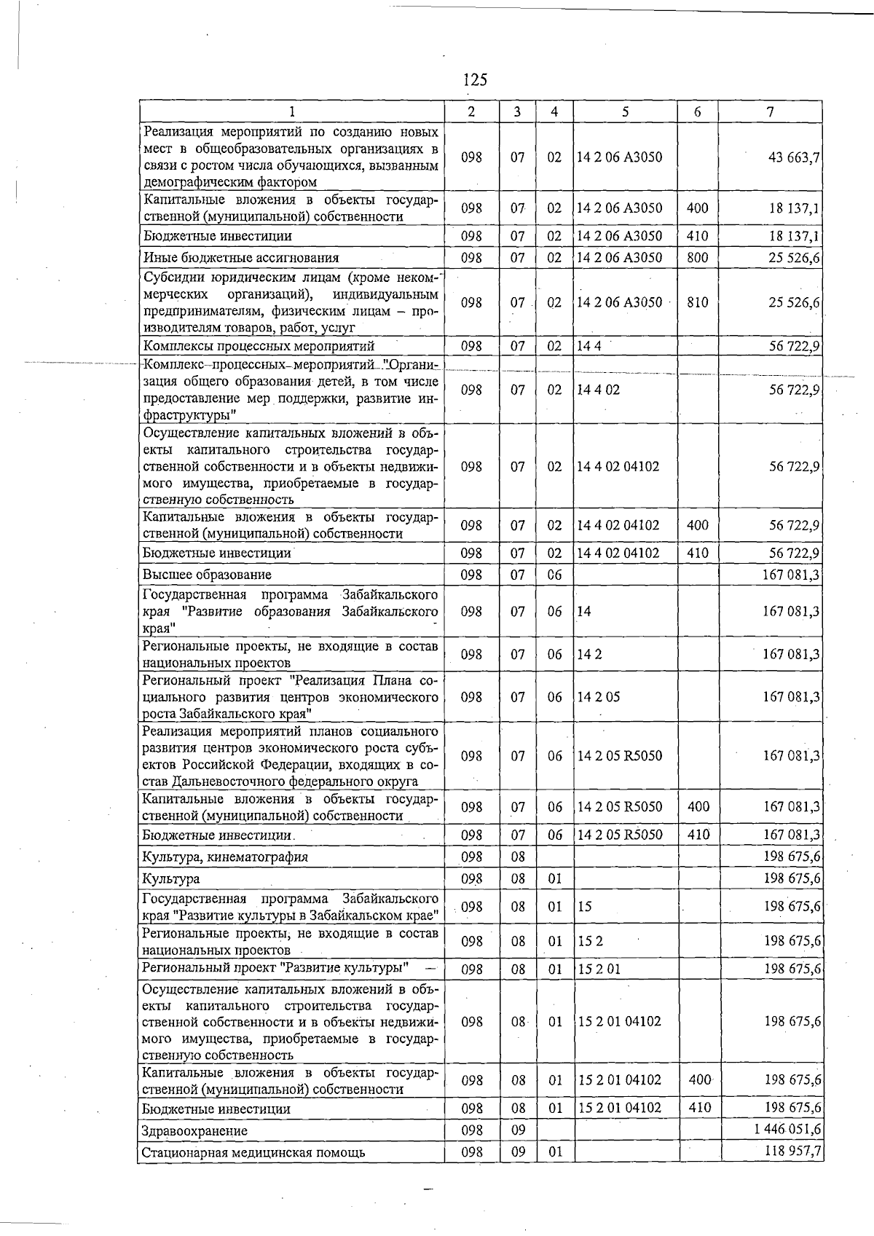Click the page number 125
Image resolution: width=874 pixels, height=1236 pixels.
(x=475, y=79)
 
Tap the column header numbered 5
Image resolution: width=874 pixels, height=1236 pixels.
(x=625, y=111)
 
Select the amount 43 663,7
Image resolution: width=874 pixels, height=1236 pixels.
(x=794, y=157)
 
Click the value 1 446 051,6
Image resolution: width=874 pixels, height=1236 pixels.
(x=788, y=1129)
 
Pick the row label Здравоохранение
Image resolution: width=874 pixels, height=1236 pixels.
(x=194, y=1131)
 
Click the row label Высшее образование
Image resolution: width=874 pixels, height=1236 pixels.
(x=207, y=575)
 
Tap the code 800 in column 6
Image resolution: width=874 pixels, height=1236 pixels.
(x=697, y=257)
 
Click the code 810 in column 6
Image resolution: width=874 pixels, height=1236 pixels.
(x=697, y=302)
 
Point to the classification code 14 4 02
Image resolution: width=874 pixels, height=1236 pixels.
(x=598, y=390)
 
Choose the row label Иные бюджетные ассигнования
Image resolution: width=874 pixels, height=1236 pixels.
(x=241, y=257)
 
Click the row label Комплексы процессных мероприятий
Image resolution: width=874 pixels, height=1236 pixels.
(x=259, y=346)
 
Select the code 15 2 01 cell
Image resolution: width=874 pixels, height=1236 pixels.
(x=599, y=969)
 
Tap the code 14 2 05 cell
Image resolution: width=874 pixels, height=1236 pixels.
(x=598, y=697)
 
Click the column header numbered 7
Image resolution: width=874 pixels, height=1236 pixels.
(x=770, y=111)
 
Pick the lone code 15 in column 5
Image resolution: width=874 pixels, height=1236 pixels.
(x=584, y=907)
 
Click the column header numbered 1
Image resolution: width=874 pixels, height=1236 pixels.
(x=291, y=111)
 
